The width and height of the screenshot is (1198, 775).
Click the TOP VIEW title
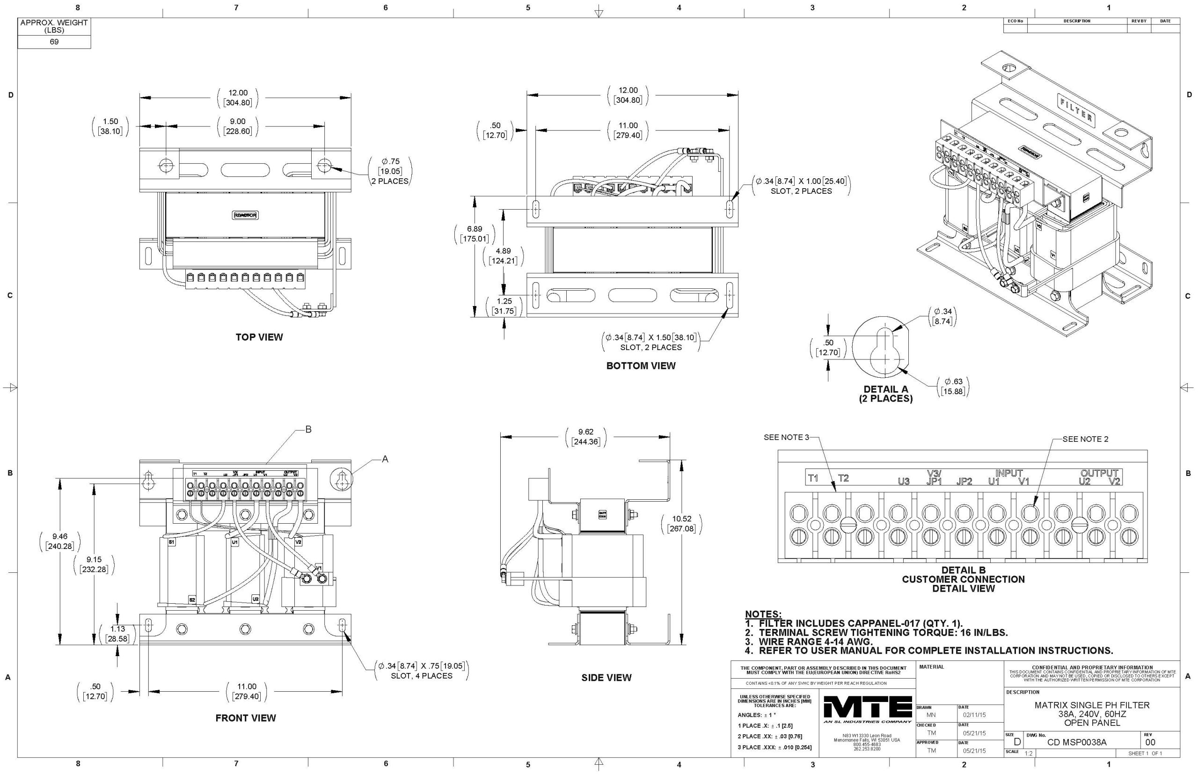(259, 337)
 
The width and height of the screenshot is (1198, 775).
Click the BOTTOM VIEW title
(641, 366)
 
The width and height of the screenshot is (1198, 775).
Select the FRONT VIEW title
(246, 718)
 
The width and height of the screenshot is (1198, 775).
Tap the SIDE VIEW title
(606, 678)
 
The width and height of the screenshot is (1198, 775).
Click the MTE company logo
(868, 708)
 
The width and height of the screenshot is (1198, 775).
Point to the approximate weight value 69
(54, 42)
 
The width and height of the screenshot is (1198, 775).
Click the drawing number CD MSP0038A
(1076, 742)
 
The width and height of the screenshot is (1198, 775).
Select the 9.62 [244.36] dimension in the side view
(586, 437)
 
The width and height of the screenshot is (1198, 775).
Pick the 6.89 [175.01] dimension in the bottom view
(474, 234)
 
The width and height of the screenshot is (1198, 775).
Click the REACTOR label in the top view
(245, 215)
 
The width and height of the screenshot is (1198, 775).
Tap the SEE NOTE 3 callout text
(786, 437)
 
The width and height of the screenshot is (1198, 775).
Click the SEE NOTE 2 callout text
(1085, 439)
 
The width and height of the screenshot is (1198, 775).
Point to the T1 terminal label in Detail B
(813, 478)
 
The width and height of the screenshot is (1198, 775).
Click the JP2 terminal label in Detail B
(964, 482)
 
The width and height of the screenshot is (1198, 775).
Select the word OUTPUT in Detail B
(1099, 473)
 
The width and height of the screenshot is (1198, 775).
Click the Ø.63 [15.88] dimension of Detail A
(953, 387)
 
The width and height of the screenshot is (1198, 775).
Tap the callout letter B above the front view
(308, 429)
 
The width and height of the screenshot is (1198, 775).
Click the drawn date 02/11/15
(974, 715)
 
